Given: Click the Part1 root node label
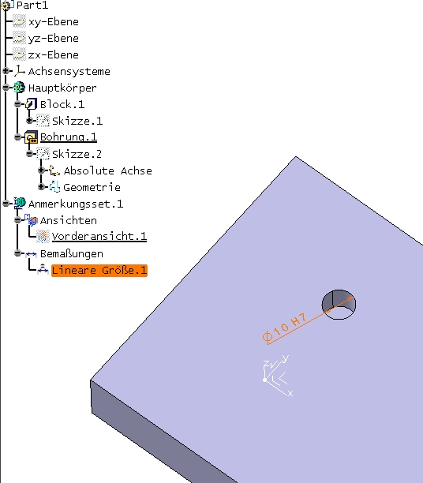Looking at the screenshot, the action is click(32, 6).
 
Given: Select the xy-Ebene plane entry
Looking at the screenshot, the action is click(54, 22).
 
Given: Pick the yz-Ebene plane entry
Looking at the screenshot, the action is click(54, 39).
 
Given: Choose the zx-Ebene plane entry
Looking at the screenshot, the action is click(54, 54).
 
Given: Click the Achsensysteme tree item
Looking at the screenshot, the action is click(69, 72).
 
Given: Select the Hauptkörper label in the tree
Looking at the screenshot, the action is click(62, 88).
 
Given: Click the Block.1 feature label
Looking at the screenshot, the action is click(62, 104).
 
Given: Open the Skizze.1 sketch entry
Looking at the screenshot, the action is click(77, 121).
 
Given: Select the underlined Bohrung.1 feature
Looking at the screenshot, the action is click(69, 137).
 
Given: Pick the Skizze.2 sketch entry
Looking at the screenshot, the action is click(77, 154).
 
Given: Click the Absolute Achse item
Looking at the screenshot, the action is click(108, 170).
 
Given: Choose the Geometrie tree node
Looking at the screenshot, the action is click(92, 187).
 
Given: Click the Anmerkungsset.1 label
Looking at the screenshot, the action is click(76, 204).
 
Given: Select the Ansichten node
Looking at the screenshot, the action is click(69, 220).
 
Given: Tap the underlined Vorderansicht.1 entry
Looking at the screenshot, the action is click(99, 237).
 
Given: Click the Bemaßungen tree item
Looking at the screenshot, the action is click(72, 254).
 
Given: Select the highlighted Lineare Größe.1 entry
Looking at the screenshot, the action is click(99, 271).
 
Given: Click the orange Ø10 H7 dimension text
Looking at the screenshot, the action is click(284, 327).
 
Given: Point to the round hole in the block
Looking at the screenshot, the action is click(339, 305).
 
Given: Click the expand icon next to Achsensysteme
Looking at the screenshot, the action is click(6, 71).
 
